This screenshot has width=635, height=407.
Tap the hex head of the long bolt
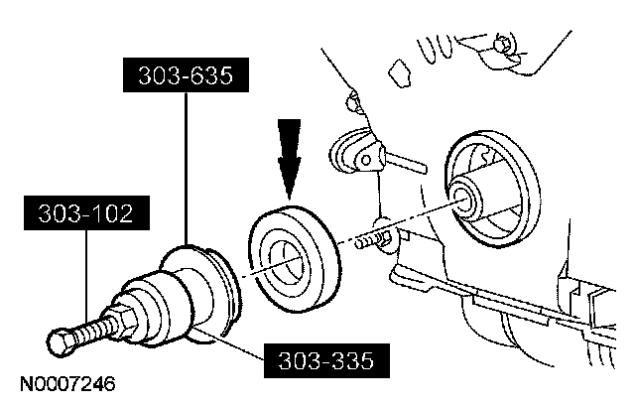click(61, 343)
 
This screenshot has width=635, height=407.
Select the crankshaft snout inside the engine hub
click(465, 199)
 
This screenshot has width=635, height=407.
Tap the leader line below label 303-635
click(188, 169)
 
